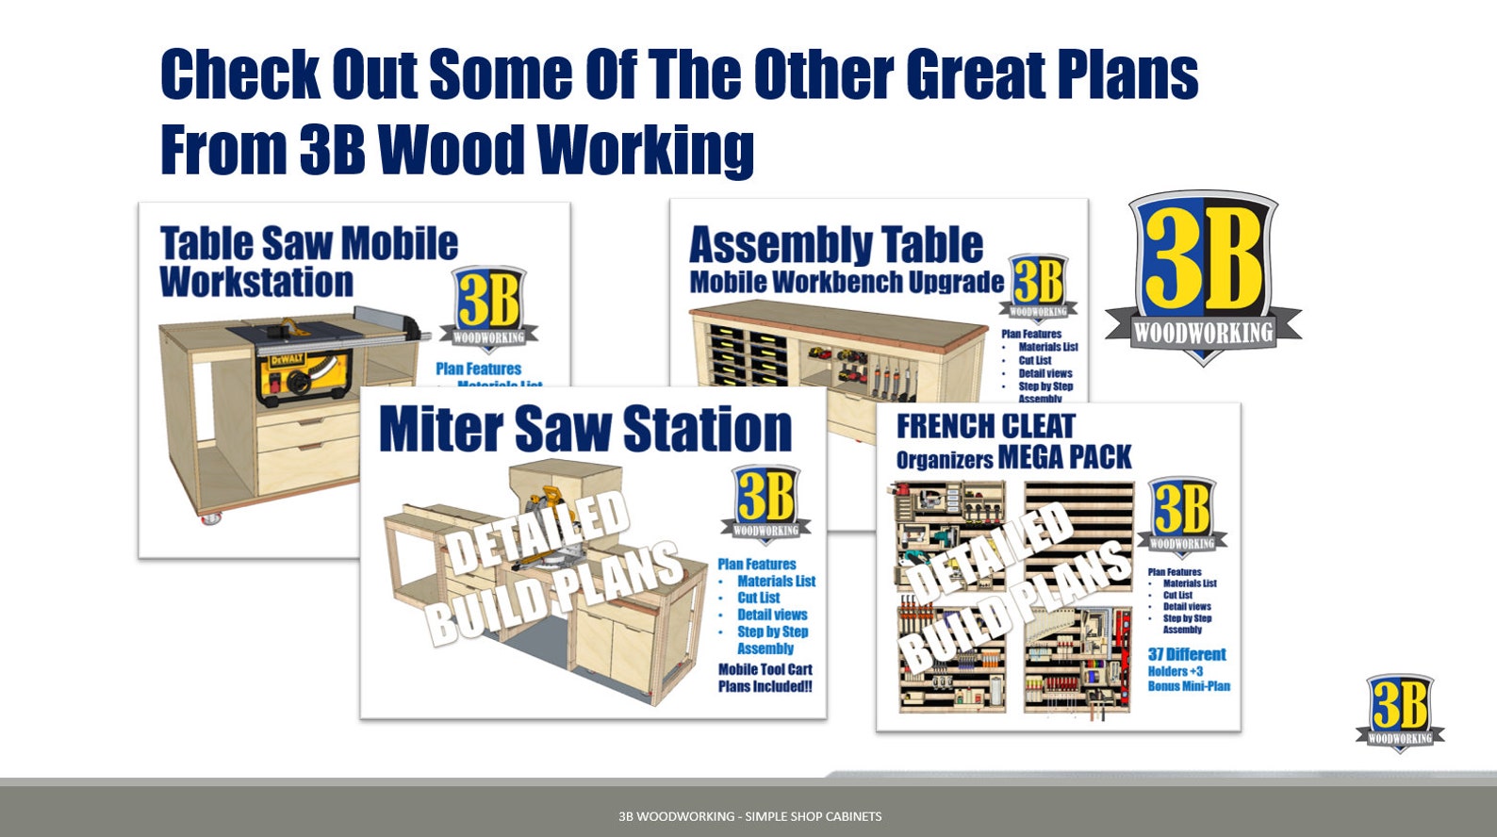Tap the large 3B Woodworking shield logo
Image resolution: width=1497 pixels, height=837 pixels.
click(x=1203, y=276)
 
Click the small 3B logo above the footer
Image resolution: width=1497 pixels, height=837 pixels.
click(x=1400, y=712)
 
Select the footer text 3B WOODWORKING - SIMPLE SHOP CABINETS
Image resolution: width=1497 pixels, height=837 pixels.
click(x=749, y=816)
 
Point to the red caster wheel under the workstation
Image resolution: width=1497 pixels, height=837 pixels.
click(x=209, y=518)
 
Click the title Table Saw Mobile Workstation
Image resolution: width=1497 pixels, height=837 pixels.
click(x=307, y=262)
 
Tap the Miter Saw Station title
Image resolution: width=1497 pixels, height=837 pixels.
click(x=584, y=430)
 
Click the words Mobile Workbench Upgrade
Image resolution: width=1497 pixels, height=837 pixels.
click(x=846, y=282)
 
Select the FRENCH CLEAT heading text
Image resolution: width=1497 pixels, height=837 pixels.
click(x=984, y=427)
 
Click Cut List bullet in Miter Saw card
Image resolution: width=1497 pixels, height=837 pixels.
click(x=758, y=598)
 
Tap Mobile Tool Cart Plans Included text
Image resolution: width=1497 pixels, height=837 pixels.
click(x=765, y=678)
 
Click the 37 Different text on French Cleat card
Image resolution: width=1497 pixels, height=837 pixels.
click(x=1186, y=654)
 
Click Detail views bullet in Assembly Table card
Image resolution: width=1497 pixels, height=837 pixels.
click(x=1045, y=373)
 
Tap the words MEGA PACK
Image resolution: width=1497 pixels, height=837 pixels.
click(x=1064, y=458)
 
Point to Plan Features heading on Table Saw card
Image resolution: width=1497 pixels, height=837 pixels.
click(x=478, y=369)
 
